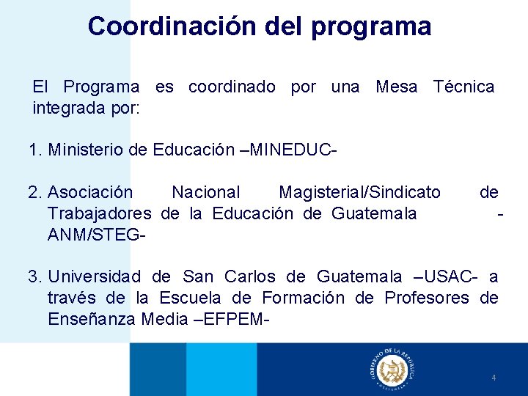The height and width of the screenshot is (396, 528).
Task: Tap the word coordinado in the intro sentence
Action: click(x=232, y=87)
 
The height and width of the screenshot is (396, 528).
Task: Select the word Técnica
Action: click(x=463, y=87)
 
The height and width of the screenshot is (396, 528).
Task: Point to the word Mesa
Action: click(x=396, y=87)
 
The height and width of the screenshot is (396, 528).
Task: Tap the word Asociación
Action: click(x=90, y=192)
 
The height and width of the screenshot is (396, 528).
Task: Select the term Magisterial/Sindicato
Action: click(x=359, y=192)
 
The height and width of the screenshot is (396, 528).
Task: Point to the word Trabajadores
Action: click(x=99, y=213)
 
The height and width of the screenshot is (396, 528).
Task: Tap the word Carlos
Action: click(x=249, y=276)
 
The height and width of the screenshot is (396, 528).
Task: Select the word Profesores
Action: click(x=425, y=298)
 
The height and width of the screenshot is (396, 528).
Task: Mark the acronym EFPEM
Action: click(x=233, y=319)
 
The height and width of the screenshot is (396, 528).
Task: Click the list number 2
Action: click(x=33, y=192)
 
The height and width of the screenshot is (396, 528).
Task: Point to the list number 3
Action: click(x=33, y=276)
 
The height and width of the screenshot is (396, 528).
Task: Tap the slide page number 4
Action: click(x=494, y=378)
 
